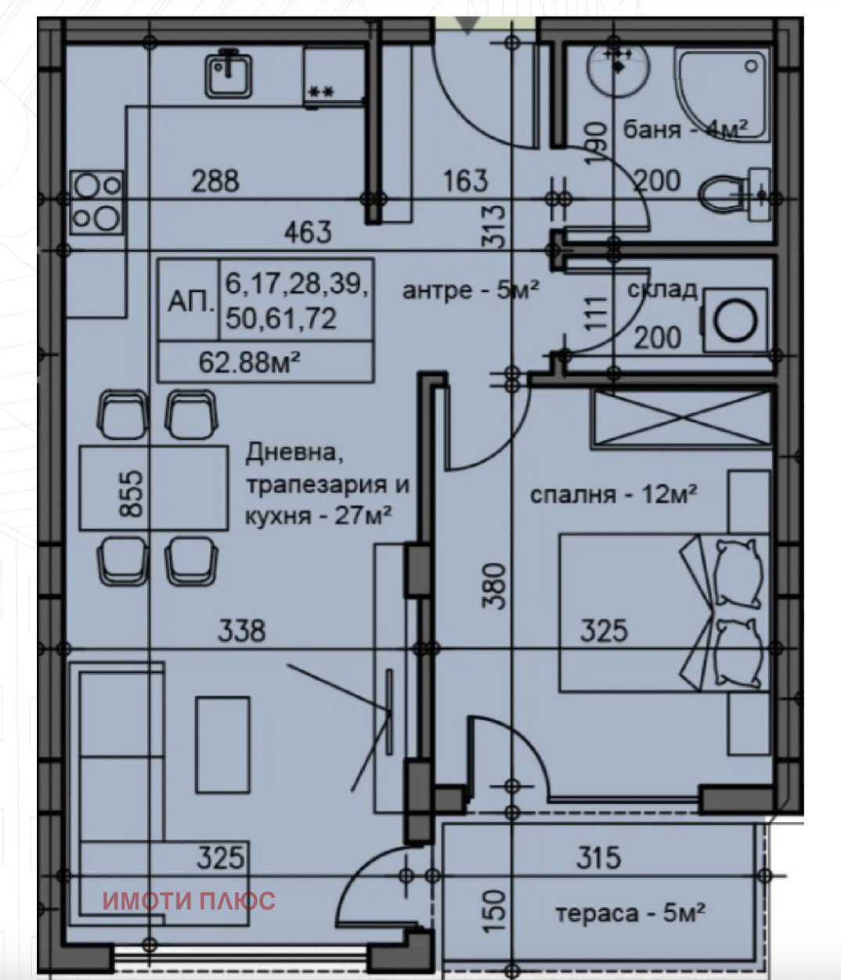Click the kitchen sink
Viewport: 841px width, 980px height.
tap(228, 75)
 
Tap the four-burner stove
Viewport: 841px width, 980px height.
tap(97, 203)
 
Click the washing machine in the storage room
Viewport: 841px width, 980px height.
tap(735, 321)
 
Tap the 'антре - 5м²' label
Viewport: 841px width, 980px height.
tap(471, 290)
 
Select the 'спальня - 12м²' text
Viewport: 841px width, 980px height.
tap(613, 495)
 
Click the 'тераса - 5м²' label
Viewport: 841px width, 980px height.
tap(630, 913)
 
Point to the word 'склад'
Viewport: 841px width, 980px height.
tap(662, 290)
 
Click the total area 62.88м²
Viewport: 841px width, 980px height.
tap(249, 362)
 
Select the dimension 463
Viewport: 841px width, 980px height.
tap(308, 232)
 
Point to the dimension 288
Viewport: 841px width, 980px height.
tap(215, 181)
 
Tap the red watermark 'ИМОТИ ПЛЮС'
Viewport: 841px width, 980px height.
tap(189, 901)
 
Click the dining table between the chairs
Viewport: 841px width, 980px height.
tap(153, 488)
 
